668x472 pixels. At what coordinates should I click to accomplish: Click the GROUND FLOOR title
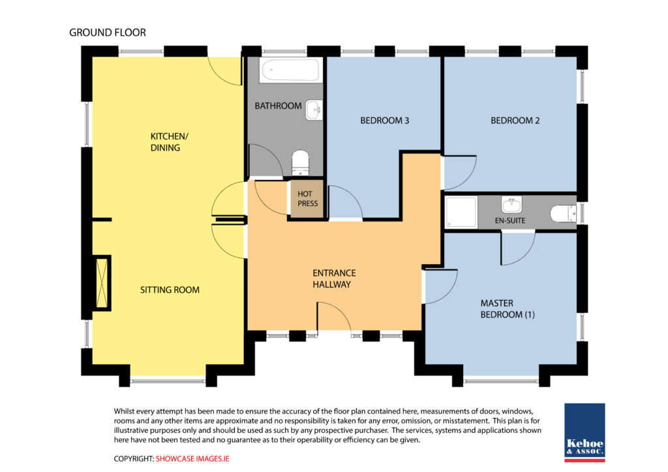pos(108,33)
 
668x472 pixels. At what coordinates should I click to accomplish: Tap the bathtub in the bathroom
pos(290,70)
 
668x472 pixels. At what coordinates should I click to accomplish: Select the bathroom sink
pos(314,110)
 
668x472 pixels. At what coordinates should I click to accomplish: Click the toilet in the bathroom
pos(300,162)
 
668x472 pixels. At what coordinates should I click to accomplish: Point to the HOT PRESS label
pos(308,199)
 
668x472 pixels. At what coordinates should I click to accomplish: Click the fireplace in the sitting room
pos(102,282)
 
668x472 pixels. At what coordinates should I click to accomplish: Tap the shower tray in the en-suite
pos(461,212)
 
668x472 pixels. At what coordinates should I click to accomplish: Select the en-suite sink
pos(511,205)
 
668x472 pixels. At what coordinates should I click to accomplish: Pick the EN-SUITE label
pos(510,220)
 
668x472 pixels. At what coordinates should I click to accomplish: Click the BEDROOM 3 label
pos(385,121)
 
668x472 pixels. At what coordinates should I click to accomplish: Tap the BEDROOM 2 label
pos(515,121)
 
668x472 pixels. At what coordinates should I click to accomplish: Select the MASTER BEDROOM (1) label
pos(508,309)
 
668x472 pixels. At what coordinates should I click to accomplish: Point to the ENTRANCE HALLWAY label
pos(334,279)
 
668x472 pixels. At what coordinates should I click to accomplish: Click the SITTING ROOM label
pos(170,290)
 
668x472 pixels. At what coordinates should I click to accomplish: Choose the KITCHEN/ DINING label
pos(169,141)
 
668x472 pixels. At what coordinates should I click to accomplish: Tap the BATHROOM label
pos(278,106)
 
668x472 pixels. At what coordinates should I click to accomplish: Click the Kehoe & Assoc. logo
pos(584,432)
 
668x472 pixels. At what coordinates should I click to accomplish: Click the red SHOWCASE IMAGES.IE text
pos(192,459)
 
